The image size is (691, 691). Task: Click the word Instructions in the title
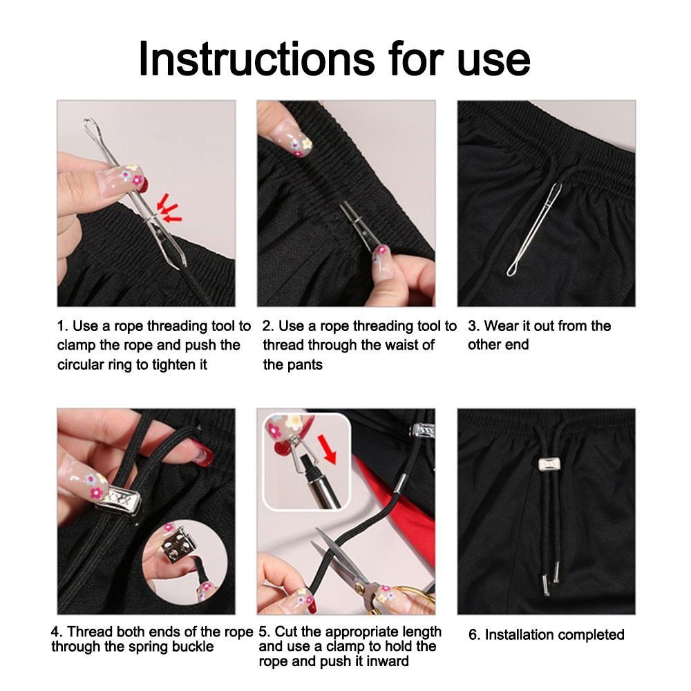click(256, 59)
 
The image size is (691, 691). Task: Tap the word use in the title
click(493, 64)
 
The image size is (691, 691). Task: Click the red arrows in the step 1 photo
click(169, 207)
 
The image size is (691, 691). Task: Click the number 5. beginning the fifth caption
click(265, 632)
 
